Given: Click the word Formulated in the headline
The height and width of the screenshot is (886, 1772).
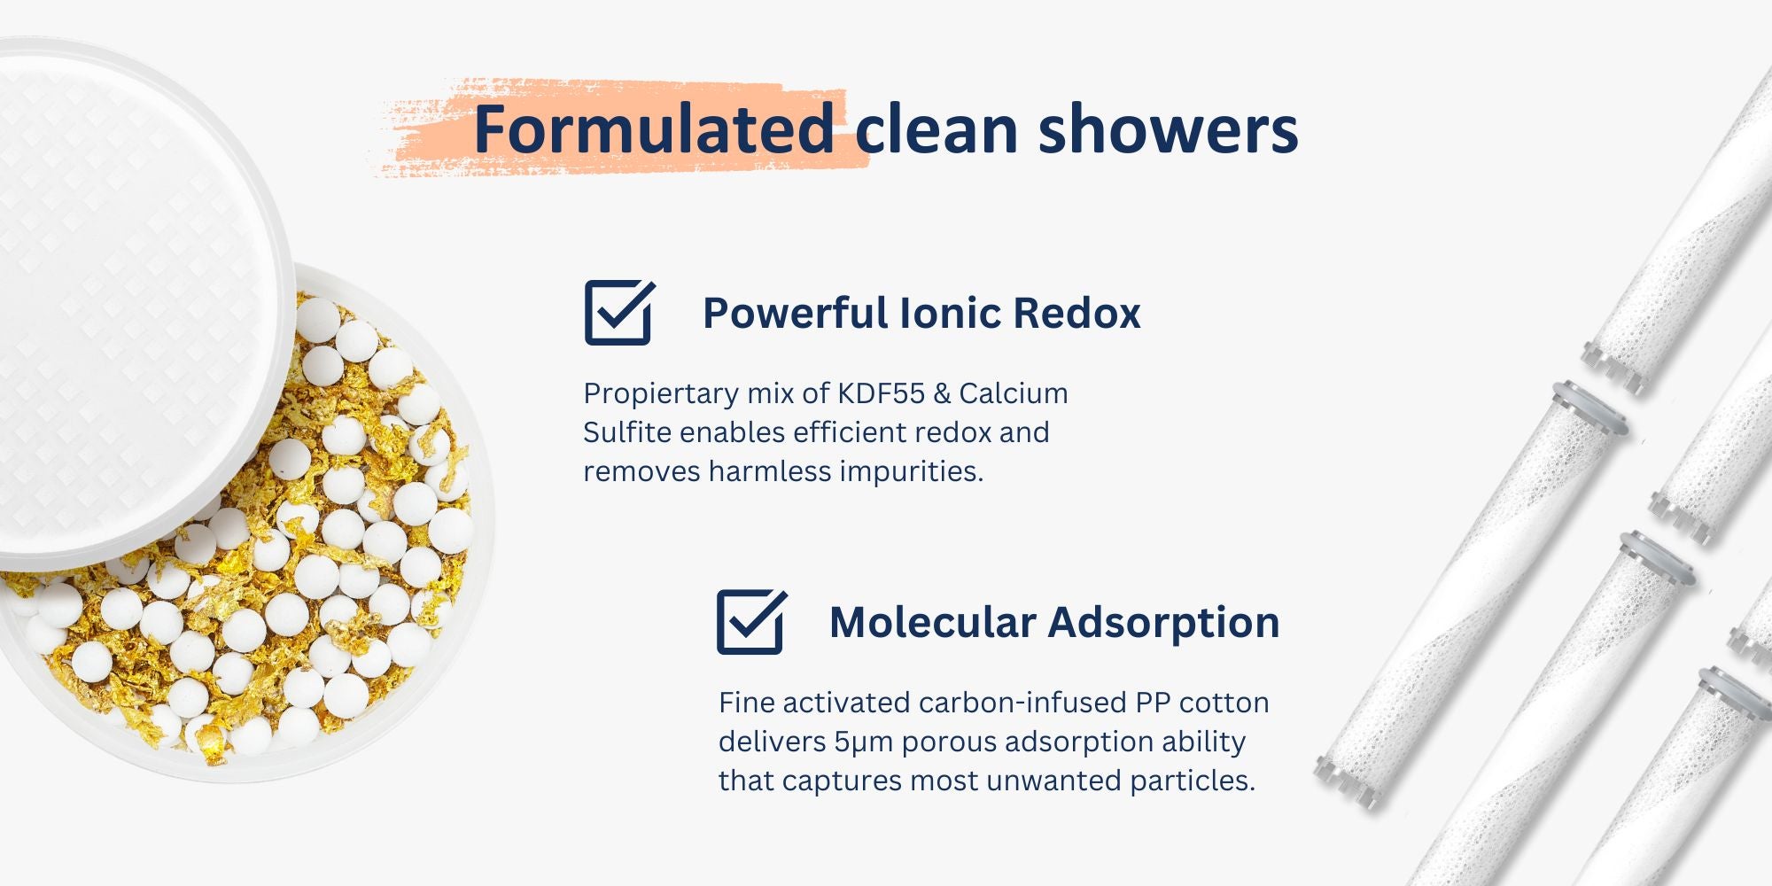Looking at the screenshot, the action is pyautogui.click(x=654, y=129).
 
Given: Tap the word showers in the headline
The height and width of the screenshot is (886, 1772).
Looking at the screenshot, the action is pyautogui.click(x=1168, y=129).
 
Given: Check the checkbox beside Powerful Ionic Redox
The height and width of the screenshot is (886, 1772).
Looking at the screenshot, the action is pyautogui.click(x=619, y=312).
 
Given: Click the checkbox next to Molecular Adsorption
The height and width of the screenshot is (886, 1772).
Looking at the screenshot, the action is pyautogui.click(x=751, y=621).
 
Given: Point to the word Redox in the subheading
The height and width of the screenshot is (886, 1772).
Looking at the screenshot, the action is pyautogui.click(x=1076, y=313).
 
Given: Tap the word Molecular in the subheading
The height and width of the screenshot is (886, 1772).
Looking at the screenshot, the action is pyautogui.click(x=932, y=622).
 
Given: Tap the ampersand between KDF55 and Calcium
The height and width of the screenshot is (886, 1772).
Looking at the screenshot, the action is pyautogui.click(x=942, y=393).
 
